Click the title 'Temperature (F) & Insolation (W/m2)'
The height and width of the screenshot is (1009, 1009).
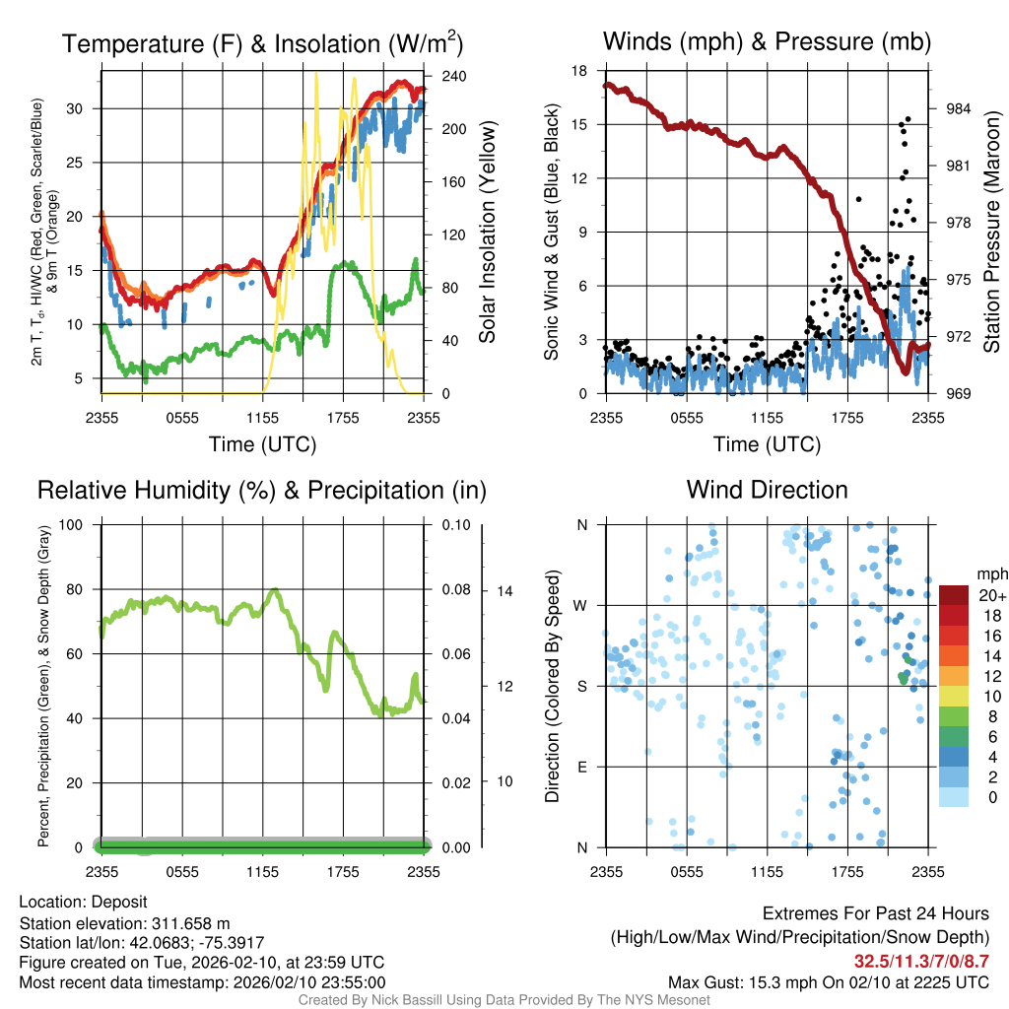262,44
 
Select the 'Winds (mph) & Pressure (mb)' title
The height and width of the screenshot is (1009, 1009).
767,41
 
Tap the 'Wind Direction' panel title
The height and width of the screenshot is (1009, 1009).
767,490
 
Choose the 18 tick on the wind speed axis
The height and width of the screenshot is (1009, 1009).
580,71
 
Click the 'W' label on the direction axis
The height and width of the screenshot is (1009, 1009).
581,605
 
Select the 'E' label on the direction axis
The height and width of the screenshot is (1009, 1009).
581,767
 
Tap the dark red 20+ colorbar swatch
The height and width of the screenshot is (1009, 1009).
954,595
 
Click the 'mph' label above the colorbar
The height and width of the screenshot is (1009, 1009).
988,573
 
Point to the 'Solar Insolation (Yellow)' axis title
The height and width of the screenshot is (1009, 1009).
487,233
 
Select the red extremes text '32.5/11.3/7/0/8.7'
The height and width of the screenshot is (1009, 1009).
921,961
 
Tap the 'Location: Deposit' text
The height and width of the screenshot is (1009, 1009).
83,903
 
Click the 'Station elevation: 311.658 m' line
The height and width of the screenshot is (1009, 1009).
124,923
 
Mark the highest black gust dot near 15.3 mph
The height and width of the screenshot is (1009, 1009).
908,119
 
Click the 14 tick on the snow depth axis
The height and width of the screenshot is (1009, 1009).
505,591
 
